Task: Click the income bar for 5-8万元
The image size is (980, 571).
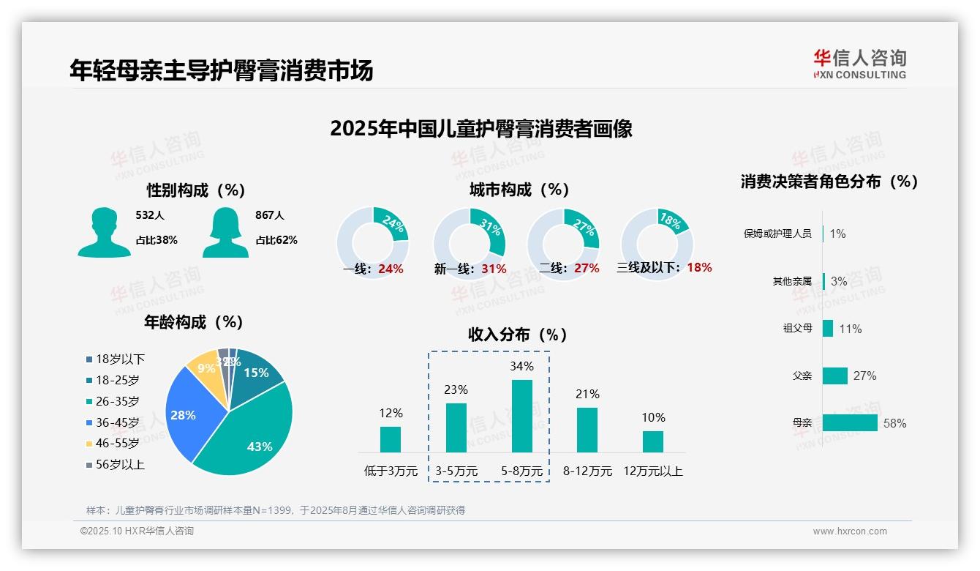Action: point(522,416)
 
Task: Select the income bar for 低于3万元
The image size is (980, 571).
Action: point(391,439)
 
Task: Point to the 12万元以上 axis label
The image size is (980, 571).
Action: point(653,471)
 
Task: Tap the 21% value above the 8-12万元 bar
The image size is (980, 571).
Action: point(587,395)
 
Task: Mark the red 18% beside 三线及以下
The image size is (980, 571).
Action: point(699,267)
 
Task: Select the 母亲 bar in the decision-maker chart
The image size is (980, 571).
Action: point(850,423)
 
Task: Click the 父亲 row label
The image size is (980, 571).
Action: point(802,376)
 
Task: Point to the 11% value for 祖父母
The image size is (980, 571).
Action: point(851,329)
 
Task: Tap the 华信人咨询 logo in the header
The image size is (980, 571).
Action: point(859,64)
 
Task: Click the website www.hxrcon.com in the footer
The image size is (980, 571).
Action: point(850,531)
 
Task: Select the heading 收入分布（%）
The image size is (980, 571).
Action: point(518,335)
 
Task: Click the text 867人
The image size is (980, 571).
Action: point(270,215)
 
